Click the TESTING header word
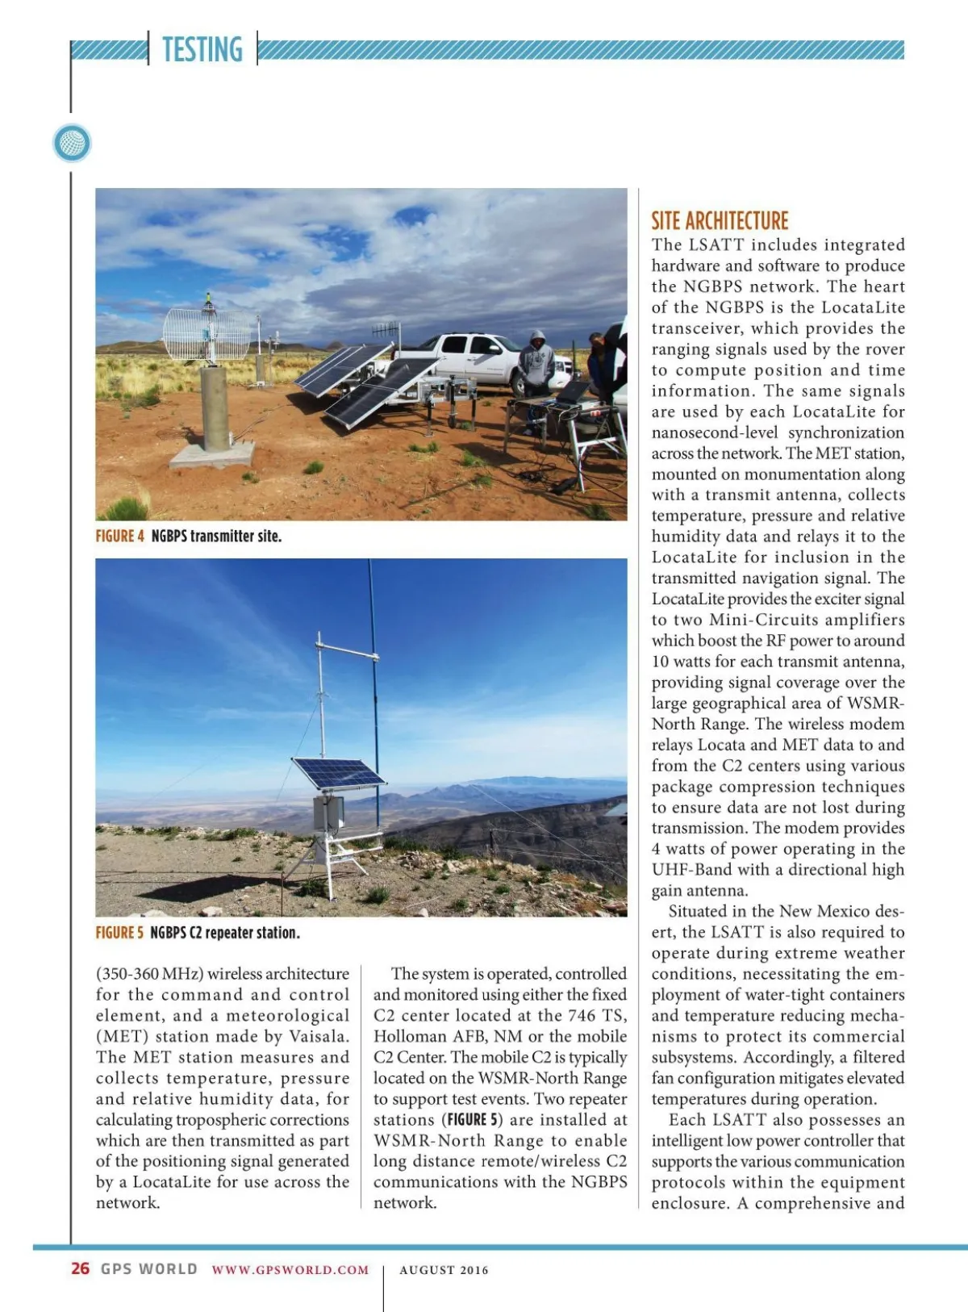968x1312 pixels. tap(202, 49)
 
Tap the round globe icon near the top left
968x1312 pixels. tap(72, 144)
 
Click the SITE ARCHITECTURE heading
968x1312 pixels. tap(720, 220)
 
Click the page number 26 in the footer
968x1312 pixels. tap(80, 1268)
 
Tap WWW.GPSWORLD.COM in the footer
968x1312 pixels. tap(290, 1269)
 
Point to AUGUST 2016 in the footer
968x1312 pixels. tap(444, 1270)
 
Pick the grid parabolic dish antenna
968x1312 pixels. tap(207, 333)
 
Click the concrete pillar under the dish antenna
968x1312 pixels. tap(215, 407)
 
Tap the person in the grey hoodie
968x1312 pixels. tap(536, 363)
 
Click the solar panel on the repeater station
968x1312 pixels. tap(338, 774)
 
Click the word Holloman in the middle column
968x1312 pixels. tap(407, 1036)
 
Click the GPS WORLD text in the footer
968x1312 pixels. tap(149, 1268)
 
